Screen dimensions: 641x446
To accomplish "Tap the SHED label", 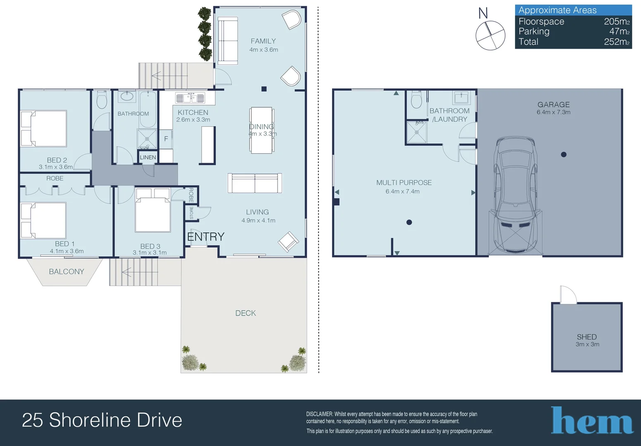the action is point(586,337).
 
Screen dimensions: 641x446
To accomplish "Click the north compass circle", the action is point(490,36).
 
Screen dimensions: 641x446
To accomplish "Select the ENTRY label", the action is point(206,237).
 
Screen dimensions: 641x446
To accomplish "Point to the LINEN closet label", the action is point(148,157).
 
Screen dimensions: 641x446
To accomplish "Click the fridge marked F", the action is point(166,139).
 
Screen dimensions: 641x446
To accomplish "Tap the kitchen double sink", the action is point(190,98).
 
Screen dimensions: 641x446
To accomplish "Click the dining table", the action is point(261,130).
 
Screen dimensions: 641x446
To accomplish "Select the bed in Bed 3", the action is point(153,210).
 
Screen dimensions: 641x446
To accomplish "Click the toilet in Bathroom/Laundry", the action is point(416,100).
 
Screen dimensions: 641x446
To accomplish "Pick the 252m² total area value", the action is point(617,42).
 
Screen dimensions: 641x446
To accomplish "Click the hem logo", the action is point(592,420).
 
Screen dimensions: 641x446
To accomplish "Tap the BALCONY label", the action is point(66,271).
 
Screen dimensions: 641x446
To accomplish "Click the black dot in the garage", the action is point(564,154).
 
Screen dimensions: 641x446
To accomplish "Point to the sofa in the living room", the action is point(255,183).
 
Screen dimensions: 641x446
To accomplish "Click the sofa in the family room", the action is point(228,40).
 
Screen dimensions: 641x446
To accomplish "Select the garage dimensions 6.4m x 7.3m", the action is point(553,112).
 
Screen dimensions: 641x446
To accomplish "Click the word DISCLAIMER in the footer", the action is point(319,414).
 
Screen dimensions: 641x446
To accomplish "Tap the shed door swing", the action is point(568,294).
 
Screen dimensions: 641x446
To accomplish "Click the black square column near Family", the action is point(264,89).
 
